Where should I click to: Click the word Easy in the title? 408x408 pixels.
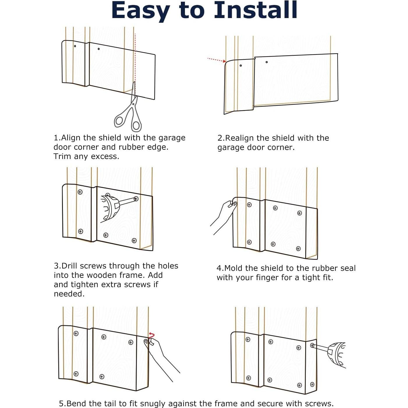click(141, 12)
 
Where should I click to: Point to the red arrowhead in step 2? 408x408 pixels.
click(225, 61)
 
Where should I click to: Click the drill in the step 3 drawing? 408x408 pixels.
click(114, 208)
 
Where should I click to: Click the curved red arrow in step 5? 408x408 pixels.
click(151, 335)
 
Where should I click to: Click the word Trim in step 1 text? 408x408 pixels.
click(62, 156)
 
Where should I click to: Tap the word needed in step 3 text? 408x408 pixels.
click(69, 294)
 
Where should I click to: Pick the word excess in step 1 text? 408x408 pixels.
click(105, 156)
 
